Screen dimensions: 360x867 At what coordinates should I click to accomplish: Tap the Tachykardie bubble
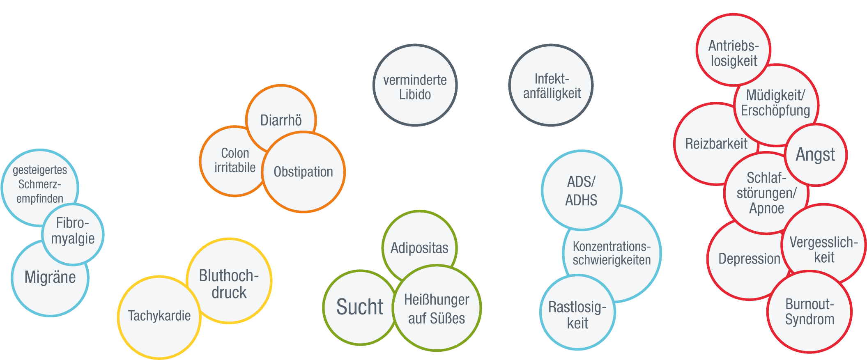[159, 316]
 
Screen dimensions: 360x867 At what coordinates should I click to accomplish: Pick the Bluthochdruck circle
[229, 284]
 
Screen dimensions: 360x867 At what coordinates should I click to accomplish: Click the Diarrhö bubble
[281, 120]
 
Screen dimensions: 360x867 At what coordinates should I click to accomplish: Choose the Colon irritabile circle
[235, 161]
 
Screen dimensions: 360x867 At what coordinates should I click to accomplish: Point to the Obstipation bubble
[304, 172]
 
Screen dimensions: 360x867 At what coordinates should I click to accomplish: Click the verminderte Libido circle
[415, 87]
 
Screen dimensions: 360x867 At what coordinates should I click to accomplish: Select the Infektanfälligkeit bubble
[552, 86]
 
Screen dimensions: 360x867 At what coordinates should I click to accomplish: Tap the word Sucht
[360, 307]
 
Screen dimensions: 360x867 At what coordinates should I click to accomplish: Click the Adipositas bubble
[419, 248]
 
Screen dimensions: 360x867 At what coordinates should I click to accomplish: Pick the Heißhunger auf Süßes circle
[437, 309]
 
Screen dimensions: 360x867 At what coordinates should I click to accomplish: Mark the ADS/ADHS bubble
[581, 191]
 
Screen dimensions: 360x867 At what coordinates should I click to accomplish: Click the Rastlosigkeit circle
[577, 315]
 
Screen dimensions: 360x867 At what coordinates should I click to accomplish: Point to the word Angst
[816, 155]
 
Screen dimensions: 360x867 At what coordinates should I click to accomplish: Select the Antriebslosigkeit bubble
[734, 53]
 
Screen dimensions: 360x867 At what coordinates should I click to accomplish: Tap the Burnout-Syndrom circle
[810, 312]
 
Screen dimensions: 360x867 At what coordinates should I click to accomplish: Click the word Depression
[749, 259]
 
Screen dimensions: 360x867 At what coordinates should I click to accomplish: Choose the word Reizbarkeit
[716, 144]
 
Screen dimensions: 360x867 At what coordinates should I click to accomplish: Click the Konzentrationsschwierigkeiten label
[612, 253]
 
